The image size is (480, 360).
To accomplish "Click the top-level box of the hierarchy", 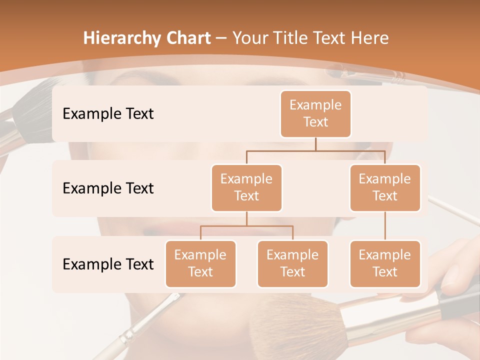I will [x=315, y=114].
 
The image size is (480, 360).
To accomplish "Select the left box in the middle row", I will [x=246, y=188].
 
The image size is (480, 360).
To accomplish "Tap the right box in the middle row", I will [x=385, y=188].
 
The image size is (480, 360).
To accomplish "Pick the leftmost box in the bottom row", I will [x=200, y=264].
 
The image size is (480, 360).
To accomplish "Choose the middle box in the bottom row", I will [x=292, y=264].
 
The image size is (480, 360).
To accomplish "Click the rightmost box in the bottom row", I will [x=385, y=264].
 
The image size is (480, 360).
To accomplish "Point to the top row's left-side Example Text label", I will [x=108, y=114].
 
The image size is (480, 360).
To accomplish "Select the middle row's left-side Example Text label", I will [x=108, y=188].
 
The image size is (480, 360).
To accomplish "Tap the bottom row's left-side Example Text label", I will [x=108, y=264].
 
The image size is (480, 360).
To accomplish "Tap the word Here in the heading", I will [x=370, y=38].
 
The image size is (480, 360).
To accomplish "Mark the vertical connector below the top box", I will [x=315, y=144].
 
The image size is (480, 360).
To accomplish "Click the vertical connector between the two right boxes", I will [x=385, y=226].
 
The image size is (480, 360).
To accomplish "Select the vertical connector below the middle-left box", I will [x=246, y=219].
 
